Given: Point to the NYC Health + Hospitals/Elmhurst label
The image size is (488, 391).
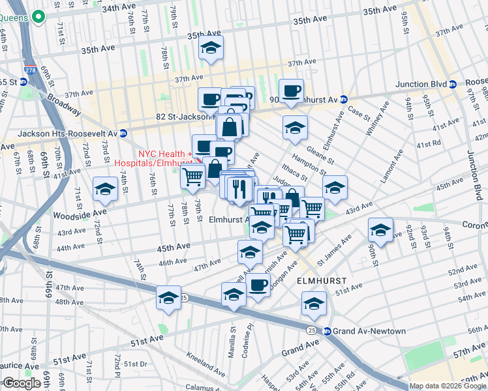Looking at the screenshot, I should click(x=153, y=156).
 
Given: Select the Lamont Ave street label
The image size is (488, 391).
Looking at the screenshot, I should click(x=396, y=169).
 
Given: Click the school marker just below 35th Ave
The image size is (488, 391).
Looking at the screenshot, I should click(x=211, y=48).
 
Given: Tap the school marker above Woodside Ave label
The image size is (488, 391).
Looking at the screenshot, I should click(x=105, y=190).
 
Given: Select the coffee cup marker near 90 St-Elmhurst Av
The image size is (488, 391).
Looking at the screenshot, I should click(x=291, y=91).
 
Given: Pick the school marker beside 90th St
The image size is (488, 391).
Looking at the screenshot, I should click(x=380, y=230).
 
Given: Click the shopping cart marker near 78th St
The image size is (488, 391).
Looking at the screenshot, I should click(x=192, y=176).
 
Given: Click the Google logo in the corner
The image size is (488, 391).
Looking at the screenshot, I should click(x=22, y=383).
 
